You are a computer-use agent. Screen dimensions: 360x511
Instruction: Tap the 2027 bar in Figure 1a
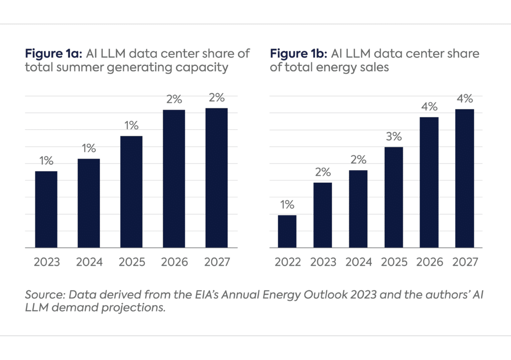pos(216,178)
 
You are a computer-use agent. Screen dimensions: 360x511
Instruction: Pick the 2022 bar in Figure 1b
pos(287,231)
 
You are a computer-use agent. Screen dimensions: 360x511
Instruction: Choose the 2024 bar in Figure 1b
pos(358,209)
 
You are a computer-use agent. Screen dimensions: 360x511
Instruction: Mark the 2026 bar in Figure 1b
pos(429,182)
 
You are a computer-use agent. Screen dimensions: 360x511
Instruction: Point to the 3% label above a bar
pos(394,136)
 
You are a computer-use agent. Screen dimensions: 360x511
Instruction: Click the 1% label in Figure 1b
pos(287,204)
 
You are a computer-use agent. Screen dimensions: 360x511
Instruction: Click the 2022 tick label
pos(287,262)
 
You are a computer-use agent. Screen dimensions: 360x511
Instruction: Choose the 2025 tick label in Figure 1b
pos(394,262)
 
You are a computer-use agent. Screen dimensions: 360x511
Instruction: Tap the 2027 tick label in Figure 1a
pos(217,262)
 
